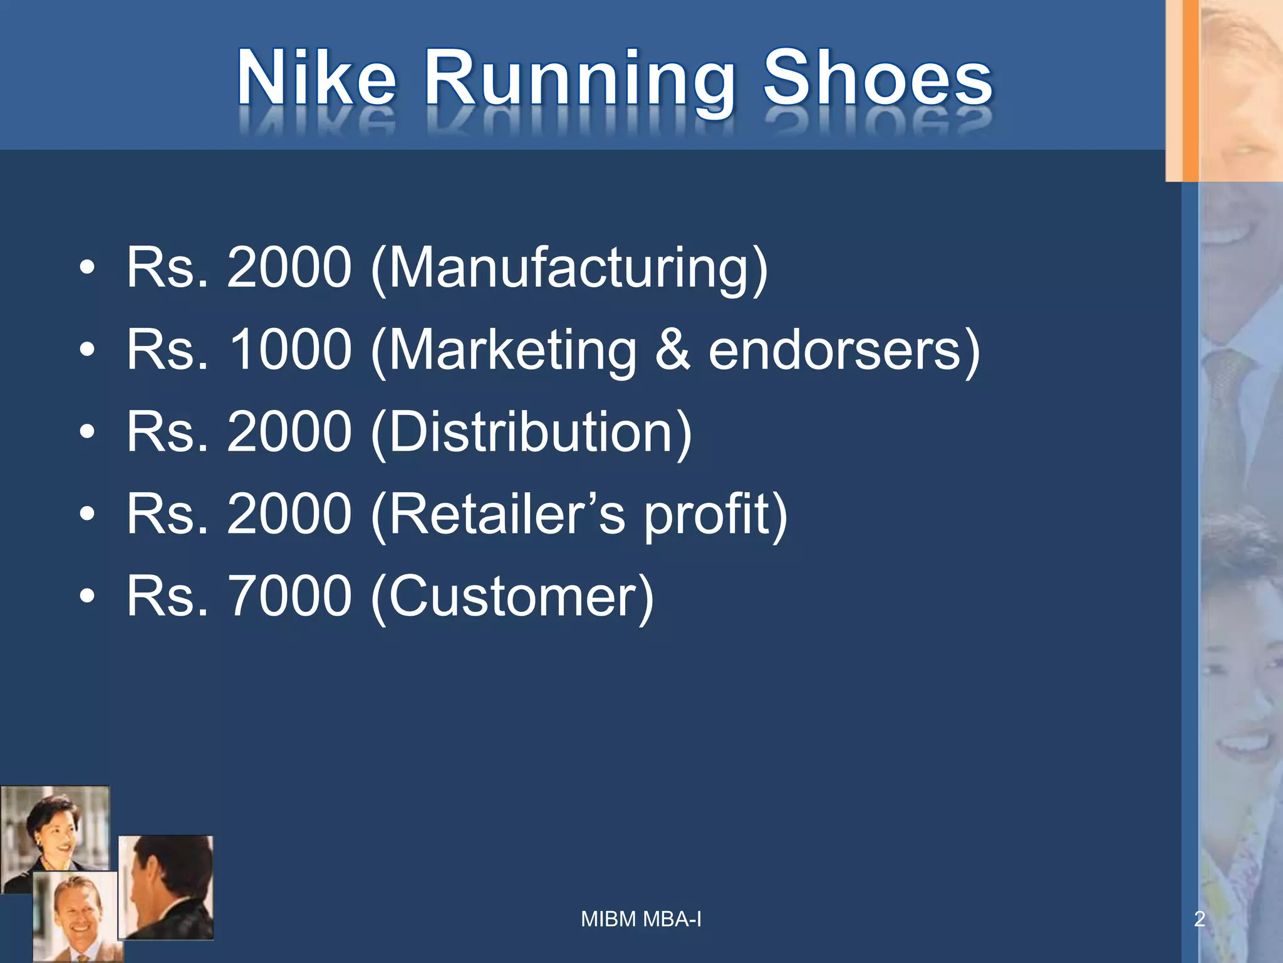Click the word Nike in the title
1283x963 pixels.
click(316, 78)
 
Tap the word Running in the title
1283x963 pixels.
click(579, 82)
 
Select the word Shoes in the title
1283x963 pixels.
click(877, 78)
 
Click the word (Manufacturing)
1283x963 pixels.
click(569, 268)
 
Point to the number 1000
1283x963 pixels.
click(289, 350)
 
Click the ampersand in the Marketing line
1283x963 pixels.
click(673, 350)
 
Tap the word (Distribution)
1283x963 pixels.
click(531, 432)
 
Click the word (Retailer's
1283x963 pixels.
click(497, 514)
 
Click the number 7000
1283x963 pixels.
click(289, 596)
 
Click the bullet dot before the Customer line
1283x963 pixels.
click(87, 596)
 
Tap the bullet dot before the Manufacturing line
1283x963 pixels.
click(87, 268)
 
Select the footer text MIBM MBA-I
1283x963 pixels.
click(641, 919)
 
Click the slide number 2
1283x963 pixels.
click(1199, 919)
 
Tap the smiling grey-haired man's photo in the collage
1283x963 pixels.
click(74, 915)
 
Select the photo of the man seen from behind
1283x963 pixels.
click(166, 887)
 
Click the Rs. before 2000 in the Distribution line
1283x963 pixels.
click(167, 432)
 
